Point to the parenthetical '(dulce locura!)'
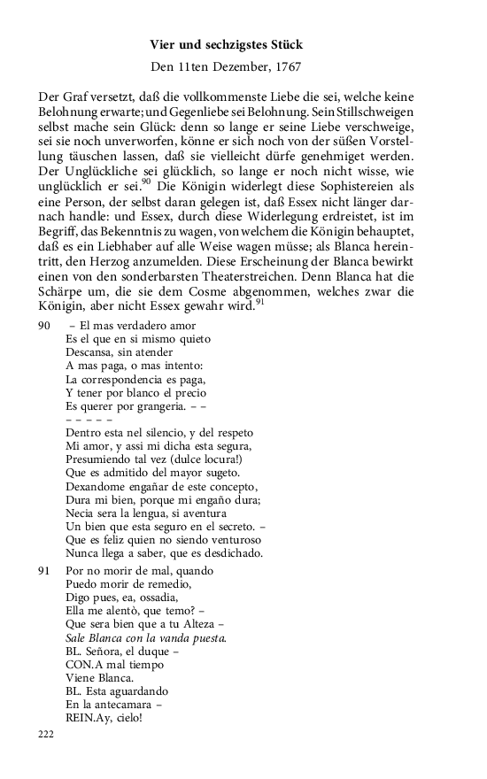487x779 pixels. (x=213, y=459)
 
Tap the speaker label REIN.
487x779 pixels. (x=81, y=718)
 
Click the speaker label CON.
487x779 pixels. (x=80, y=665)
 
